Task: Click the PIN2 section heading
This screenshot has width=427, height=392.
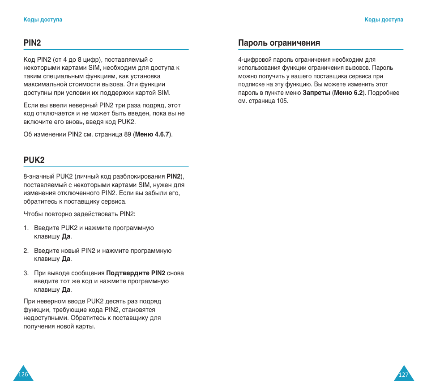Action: pos(32,43)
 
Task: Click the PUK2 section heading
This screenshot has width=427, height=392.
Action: pos(34,160)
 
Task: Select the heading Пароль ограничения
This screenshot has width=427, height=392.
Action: pos(279,43)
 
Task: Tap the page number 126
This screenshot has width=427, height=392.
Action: pos(23,375)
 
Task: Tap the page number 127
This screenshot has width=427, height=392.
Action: pos(404,375)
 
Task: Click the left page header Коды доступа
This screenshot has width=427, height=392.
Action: pos(43,20)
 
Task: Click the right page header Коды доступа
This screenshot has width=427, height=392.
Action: pos(384,20)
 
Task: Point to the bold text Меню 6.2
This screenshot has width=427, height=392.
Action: pos(348,93)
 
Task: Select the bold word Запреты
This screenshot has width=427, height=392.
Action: pos(316,93)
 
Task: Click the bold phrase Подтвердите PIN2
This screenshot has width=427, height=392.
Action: pos(136,273)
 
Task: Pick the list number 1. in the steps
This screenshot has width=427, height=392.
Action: pos(26,228)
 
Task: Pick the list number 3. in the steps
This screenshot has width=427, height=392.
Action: pos(26,273)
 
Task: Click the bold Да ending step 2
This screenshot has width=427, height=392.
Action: pos(66,259)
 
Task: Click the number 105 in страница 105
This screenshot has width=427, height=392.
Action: pos(282,101)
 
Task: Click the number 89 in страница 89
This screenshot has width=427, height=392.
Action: pos(128,135)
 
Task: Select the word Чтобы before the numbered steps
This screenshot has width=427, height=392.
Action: pos(33,214)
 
